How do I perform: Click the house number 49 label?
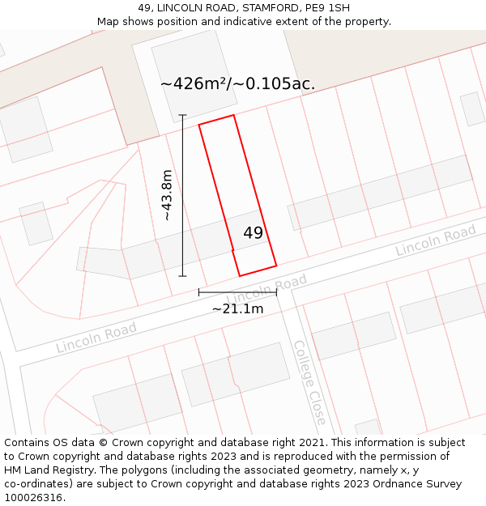tap(254, 233)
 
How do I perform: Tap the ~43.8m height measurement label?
tap(166, 195)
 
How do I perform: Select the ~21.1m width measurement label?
tap(237, 308)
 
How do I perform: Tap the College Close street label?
tap(309, 382)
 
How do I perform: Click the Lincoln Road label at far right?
tap(435, 241)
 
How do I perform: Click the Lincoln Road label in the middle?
tap(267, 288)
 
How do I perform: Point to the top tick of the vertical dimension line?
tap(183, 115)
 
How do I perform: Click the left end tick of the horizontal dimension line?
tap(198, 292)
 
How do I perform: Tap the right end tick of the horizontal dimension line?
tap(276, 292)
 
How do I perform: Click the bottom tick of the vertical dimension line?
tap(183, 276)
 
